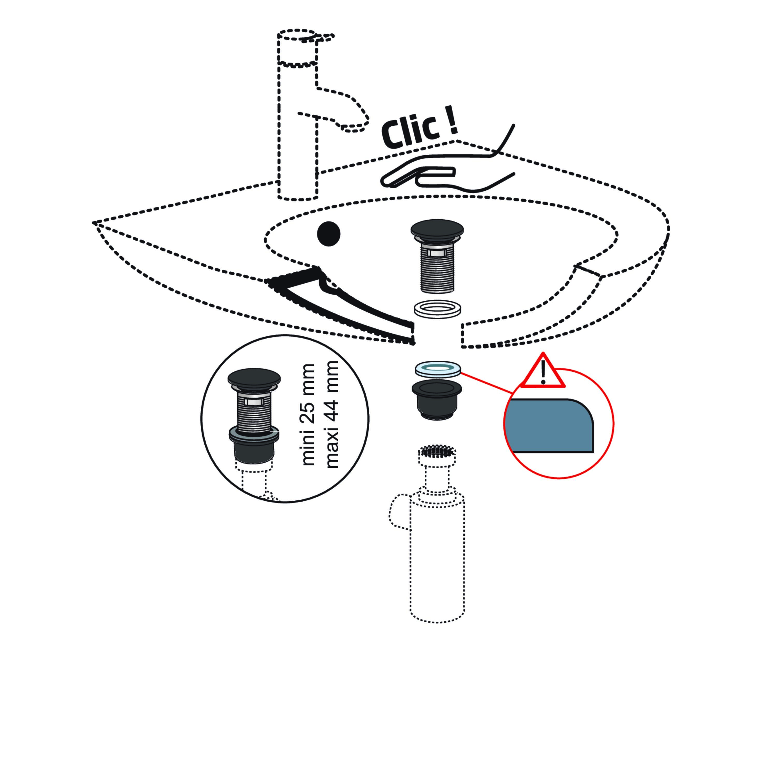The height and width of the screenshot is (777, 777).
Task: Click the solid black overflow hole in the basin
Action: pos(329,234)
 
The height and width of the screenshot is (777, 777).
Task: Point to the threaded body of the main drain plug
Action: pos(437,269)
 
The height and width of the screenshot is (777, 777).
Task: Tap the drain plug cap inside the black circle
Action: pos(254,378)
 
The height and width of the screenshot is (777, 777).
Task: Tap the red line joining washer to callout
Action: pos(487,383)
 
